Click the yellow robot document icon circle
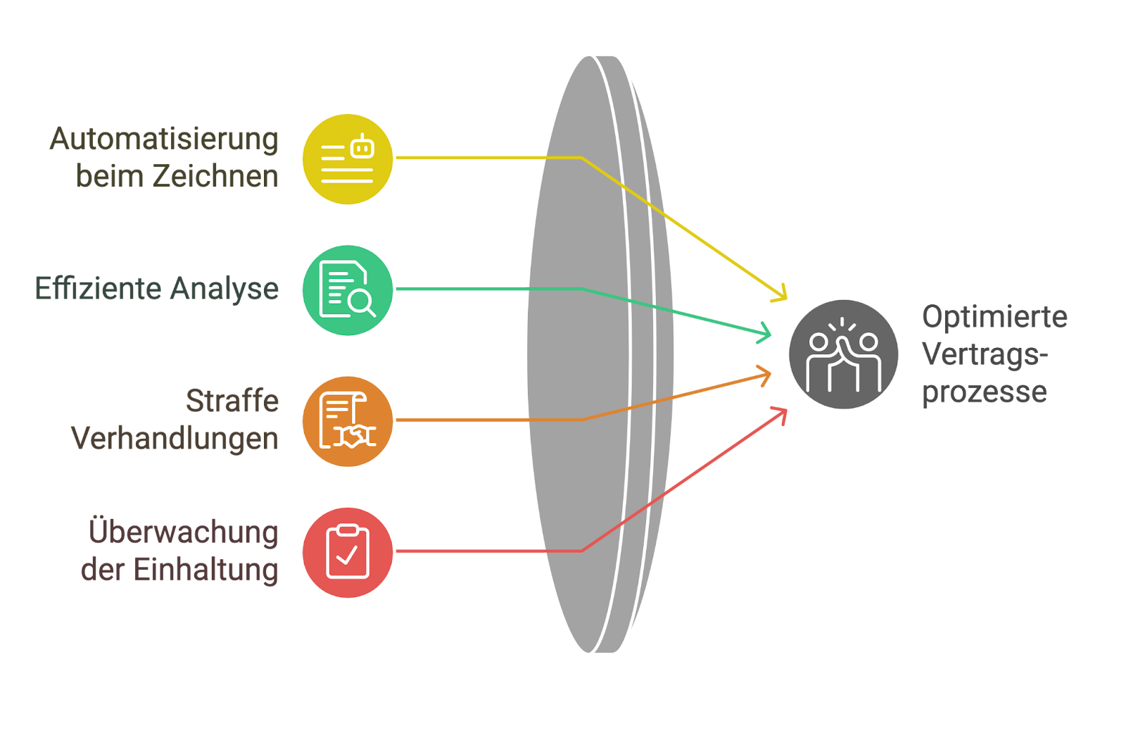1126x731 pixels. tap(348, 159)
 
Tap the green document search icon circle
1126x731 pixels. tap(348, 290)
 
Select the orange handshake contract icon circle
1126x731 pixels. tap(348, 422)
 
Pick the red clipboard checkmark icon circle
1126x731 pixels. tap(348, 553)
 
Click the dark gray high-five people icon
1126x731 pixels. tap(844, 355)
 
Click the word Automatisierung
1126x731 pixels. tap(164, 139)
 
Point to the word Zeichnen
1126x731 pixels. tap(215, 176)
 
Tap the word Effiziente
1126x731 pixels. tap(99, 288)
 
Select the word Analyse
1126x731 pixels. tap(224, 289)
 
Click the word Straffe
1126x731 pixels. tap(232, 401)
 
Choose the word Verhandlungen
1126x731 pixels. tap(175, 439)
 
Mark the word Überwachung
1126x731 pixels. tap(184, 532)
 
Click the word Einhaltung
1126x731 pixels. tap(206, 570)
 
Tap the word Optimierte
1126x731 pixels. tap(995, 318)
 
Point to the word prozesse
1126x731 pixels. tap(985, 393)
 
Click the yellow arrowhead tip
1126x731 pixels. tap(786, 299)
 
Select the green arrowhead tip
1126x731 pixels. tap(771, 334)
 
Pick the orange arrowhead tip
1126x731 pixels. tap(771, 374)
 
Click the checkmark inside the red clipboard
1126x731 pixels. tap(347, 555)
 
